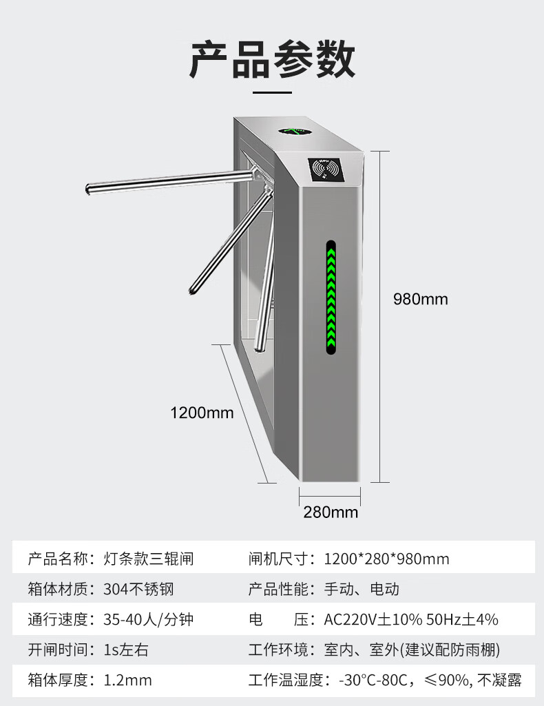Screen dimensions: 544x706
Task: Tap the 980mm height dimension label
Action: point(420,300)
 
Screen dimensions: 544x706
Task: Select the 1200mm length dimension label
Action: point(202,413)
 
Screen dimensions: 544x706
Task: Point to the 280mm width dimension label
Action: point(331,512)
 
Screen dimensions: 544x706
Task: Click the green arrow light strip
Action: point(331,297)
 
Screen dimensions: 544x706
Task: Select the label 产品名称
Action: point(58,559)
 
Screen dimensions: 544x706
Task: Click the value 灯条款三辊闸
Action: point(148,559)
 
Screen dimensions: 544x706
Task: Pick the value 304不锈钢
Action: point(138,589)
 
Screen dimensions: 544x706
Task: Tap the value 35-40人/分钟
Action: point(148,619)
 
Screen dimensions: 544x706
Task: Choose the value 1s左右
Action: point(126,650)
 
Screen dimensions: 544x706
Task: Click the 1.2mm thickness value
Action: point(127,681)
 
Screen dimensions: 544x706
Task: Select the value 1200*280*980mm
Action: point(386,559)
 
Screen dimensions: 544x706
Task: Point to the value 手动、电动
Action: point(362,589)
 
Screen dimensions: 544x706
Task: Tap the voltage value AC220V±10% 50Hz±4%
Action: point(411,619)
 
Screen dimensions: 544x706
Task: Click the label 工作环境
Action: point(279,650)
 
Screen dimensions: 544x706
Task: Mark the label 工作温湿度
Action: point(284,681)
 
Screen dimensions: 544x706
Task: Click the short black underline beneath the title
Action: point(273,90)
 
